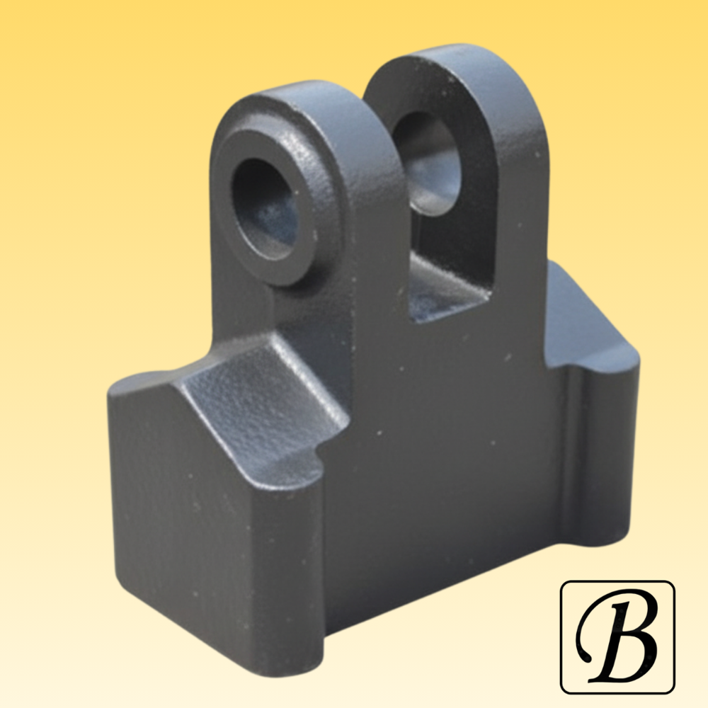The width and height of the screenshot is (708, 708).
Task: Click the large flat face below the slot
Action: click(x=453, y=439)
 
